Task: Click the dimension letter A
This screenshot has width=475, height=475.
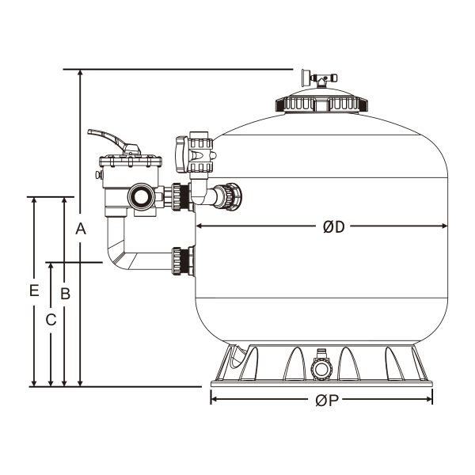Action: [80, 230]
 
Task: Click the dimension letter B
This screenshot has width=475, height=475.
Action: [66, 293]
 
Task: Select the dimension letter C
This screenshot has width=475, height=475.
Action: [51, 320]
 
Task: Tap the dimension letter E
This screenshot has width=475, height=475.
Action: [34, 291]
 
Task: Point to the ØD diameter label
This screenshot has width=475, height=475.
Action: [334, 227]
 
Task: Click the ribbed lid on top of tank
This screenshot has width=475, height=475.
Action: [321, 101]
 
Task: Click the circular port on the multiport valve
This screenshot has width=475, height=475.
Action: [143, 196]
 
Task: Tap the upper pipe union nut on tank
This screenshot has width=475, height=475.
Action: [230, 195]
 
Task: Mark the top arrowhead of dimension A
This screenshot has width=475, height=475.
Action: [80, 74]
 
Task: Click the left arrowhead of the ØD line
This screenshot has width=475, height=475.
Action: [201, 226]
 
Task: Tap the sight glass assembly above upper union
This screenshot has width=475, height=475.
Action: [195, 155]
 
